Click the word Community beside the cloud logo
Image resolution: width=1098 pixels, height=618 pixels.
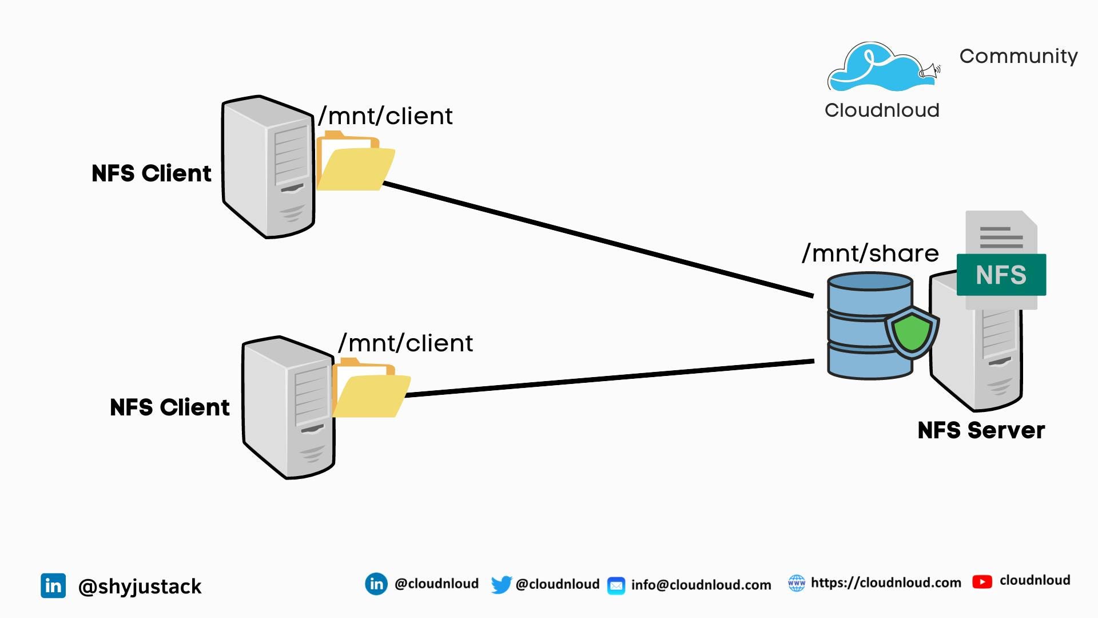pos(1018,56)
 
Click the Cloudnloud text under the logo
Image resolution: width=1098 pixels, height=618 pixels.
pos(881,110)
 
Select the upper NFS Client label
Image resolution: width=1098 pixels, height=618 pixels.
pos(151,173)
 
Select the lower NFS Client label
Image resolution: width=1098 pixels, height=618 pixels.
pos(169,407)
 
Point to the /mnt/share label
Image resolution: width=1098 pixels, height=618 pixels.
pos(870,253)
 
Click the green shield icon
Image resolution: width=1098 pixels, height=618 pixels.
pos(912,332)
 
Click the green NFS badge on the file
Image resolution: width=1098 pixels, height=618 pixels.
pos(1001,275)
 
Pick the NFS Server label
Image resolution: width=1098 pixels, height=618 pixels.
pos(981,430)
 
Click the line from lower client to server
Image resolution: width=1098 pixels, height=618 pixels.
pos(606,378)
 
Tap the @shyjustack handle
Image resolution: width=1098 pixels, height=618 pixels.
pos(140,587)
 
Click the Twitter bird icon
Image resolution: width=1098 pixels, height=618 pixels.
pos(501,585)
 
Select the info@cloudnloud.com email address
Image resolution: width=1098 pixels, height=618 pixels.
pos(701,585)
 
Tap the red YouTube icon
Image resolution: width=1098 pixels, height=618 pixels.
pos(981,582)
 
